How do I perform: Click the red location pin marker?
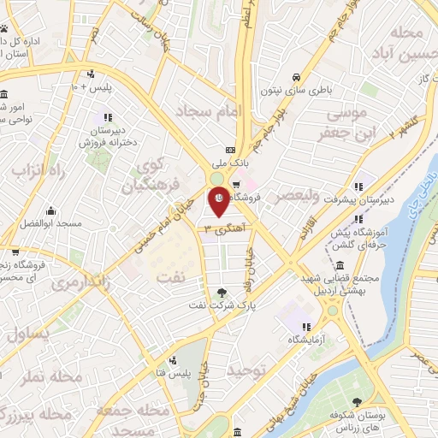[x=218, y=201]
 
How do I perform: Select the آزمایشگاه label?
[x=308, y=340]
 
